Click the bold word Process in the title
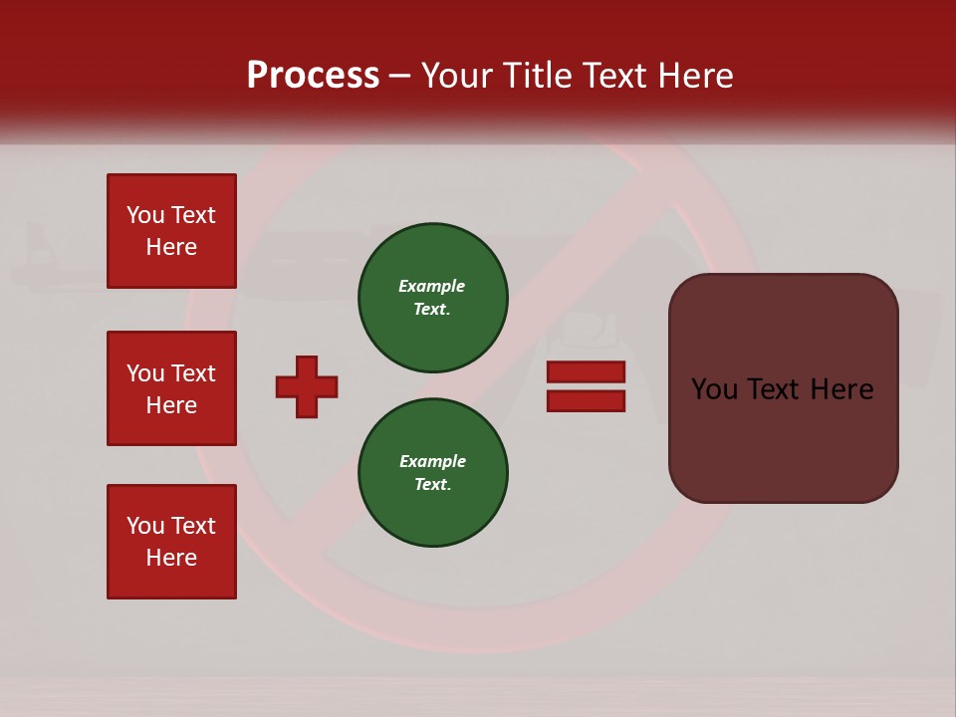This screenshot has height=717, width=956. point(313,76)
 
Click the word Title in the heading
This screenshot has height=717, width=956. point(539,76)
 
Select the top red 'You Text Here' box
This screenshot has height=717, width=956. point(171,231)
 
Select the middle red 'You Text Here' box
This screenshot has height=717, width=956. point(171,388)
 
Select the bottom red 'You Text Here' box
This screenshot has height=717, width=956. point(171,542)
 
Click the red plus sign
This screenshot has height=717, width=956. point(307,386)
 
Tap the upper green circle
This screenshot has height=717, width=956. point(433,298)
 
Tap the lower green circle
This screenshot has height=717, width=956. point(433,473)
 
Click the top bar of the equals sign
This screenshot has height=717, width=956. point(586,371)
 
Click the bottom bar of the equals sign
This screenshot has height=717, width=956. point(586,400)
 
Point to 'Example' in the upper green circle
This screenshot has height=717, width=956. point(432,286)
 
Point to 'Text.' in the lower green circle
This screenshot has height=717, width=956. point(432,485)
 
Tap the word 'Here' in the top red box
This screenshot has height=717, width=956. point(171,247)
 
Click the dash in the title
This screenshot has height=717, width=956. point(399,76)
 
